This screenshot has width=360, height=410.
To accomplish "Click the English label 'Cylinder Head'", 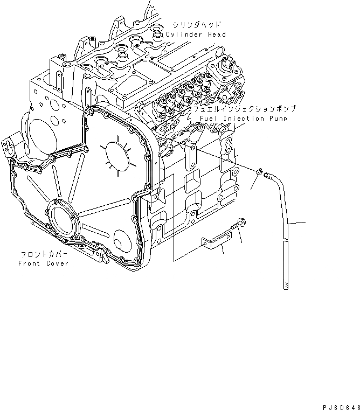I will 196,34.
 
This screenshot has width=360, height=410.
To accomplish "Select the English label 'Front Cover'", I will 44,263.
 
